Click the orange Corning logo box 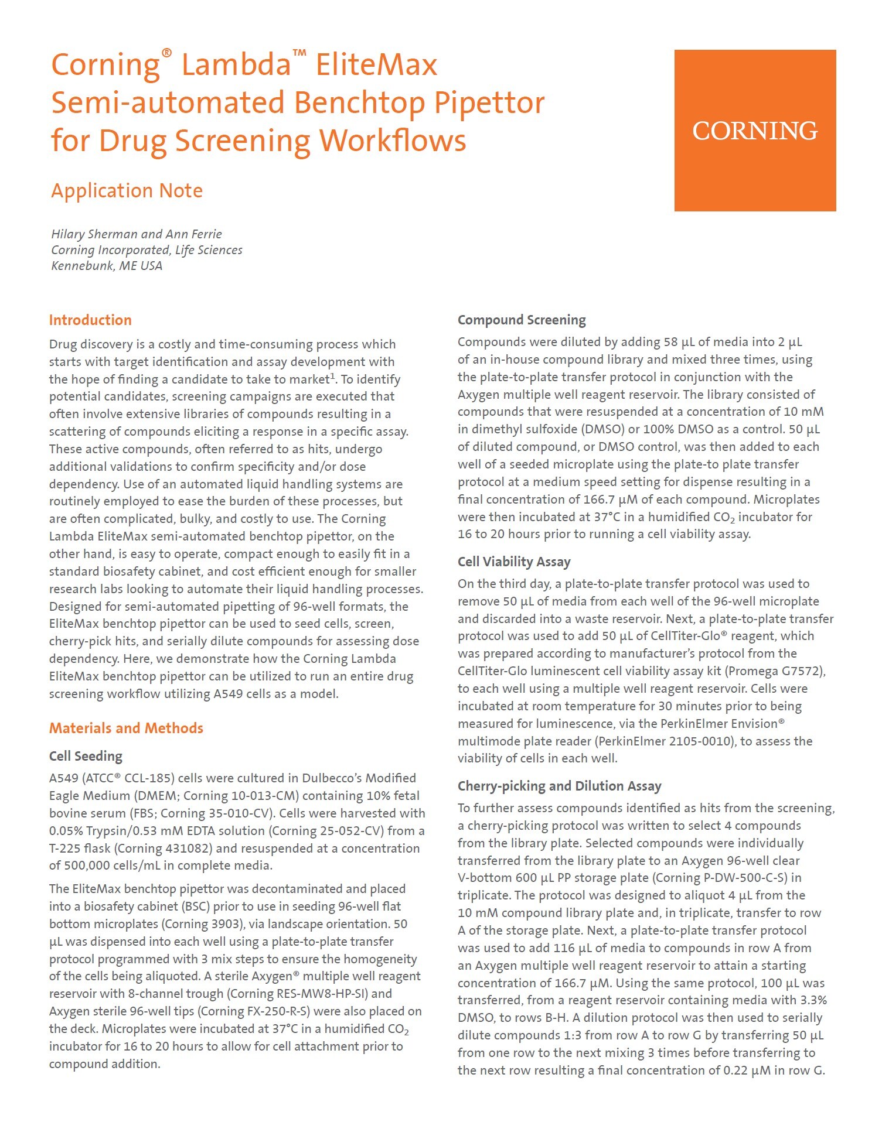tap(755, 130)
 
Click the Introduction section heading tap(90, 320)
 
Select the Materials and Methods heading tap(126, 728)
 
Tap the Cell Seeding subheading tap(86, 756)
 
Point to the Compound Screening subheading tap(522, 320)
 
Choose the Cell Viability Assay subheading tap(514, 562)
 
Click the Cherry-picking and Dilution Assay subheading tap(559, 786)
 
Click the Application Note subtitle tap(127, 191)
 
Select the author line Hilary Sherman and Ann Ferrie tap(137, 234)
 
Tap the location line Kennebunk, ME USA tap(107, 266)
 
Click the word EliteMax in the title tap(376, 64)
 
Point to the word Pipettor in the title tap(489, 103)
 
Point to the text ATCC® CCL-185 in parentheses tap(130, 778)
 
